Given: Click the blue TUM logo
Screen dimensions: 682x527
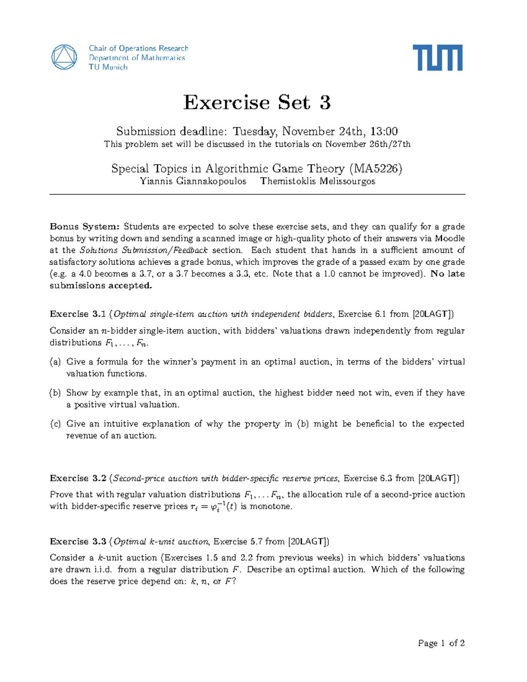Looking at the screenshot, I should (x=437, y=58).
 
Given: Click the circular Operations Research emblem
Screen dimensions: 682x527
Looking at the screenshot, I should (x=64, y=57).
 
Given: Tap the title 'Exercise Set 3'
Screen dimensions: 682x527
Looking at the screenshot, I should (x=257, y=103).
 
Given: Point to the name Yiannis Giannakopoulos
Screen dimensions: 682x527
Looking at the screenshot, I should (x=193, y=181).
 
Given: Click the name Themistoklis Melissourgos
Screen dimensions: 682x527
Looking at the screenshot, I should (x=318, y=181).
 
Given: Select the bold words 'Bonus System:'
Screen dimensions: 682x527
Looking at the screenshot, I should (x=84, y=227).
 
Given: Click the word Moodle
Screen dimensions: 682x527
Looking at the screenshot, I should (x=450, y=238).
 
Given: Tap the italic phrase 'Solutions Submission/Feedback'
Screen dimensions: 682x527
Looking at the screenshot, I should (x=144, y=250).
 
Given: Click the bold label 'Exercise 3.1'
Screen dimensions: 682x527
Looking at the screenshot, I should (x=78, y=314).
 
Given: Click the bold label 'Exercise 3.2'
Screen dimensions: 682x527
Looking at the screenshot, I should (x=78, y=478).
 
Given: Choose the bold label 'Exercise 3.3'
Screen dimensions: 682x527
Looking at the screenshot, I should (x=78, y=541).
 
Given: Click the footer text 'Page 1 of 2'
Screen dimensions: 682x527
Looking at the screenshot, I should (x=441, y=643).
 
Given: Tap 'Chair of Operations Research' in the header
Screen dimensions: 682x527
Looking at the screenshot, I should (x=138, y=48).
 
